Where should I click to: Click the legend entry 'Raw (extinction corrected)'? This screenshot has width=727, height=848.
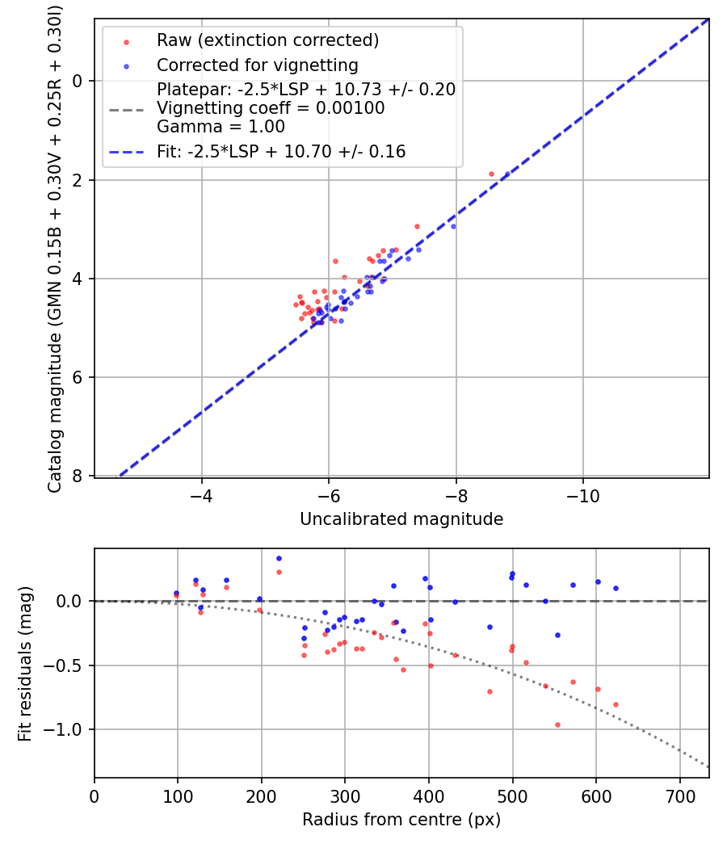267,40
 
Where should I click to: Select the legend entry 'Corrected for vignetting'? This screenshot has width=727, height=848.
257,65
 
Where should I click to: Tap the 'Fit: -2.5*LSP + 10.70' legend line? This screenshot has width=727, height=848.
281,152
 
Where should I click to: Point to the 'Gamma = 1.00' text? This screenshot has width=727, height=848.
221,126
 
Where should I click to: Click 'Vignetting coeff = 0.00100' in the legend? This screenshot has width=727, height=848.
271,107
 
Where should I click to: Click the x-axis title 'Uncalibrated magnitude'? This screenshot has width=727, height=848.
401,519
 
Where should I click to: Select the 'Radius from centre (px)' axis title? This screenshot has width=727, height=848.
401,820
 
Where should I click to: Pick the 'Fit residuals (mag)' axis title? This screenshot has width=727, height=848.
25,664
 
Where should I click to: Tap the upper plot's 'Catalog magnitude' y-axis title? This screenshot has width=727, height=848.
55,247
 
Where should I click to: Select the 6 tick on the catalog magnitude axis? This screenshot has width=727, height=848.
78,377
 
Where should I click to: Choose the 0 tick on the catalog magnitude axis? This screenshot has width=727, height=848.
78,81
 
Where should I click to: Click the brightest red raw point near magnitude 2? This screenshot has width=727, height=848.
491,174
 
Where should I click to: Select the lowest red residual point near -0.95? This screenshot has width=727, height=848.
557,724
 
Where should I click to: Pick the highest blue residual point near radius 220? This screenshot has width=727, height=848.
279,558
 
